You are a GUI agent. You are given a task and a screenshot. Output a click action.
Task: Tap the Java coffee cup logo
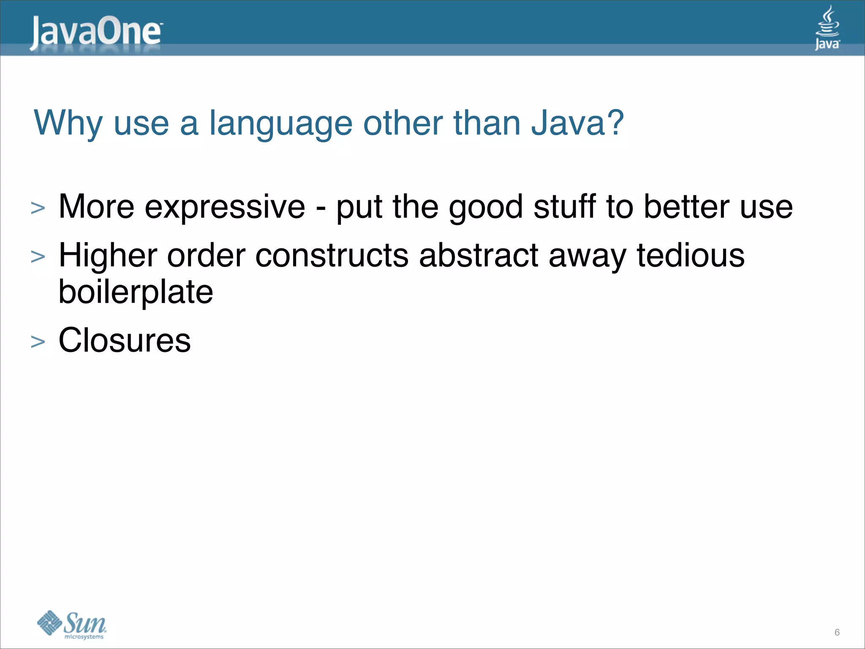(827, 28)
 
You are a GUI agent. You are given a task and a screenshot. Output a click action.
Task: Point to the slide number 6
(837, 633)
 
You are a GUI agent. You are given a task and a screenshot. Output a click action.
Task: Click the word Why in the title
(68, 123)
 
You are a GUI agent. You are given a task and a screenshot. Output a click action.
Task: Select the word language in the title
(281, 124)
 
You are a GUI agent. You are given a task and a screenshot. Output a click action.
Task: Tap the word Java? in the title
(577, 123)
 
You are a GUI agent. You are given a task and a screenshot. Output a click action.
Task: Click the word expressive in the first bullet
(225, 207)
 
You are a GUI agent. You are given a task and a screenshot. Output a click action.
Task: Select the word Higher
(108, 256)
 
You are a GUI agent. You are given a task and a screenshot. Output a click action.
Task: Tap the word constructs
(332, 256)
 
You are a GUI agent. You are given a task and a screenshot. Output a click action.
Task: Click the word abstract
(479, 256)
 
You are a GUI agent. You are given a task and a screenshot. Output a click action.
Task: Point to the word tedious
(691, 256)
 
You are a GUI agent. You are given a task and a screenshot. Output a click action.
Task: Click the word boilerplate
(136, 292)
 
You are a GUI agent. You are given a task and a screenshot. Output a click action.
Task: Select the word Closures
(125, 340)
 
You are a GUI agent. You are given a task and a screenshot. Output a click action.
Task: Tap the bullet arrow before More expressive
(38, 208)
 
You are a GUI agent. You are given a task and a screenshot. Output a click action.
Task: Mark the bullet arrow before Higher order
(38, 257)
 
